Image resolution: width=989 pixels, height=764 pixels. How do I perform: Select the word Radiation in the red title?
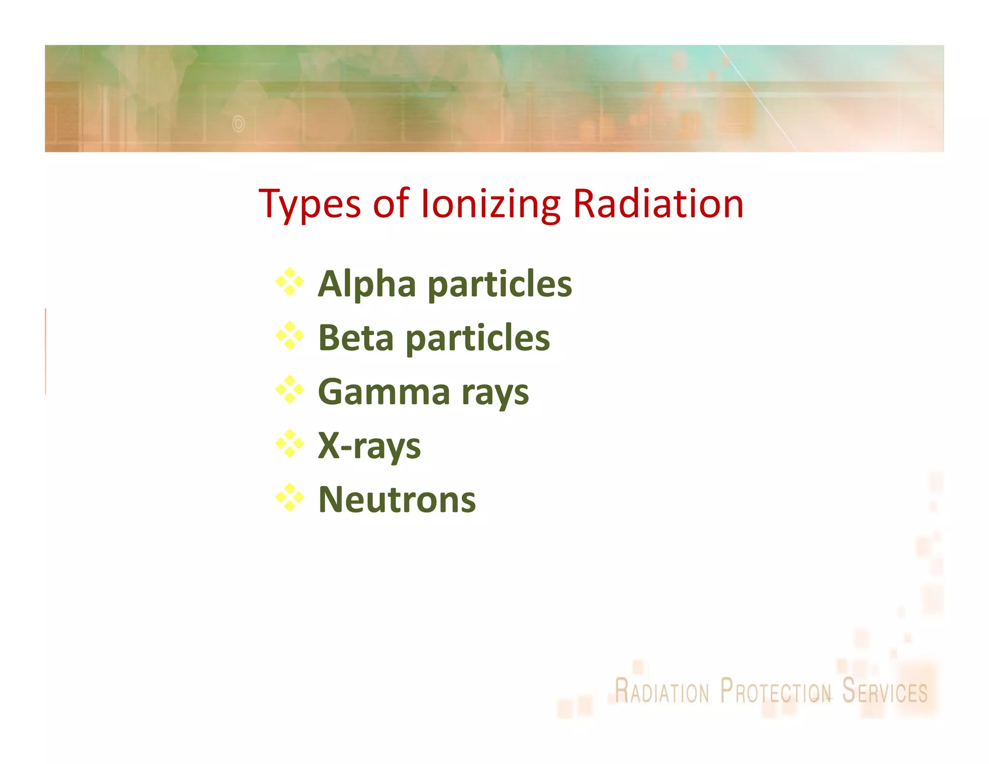point(658,204)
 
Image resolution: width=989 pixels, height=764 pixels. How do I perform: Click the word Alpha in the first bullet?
point(367,284)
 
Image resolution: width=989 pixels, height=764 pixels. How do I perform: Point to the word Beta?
point(356,338)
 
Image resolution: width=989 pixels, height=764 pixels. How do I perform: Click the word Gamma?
point(384,392)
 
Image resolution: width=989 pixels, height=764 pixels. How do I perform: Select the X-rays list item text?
point(369,446)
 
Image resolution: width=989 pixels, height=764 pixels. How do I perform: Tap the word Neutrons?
point(397,500)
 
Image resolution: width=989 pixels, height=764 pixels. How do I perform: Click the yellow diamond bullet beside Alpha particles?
point(290,282)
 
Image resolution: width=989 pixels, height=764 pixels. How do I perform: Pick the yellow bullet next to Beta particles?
point(290,336)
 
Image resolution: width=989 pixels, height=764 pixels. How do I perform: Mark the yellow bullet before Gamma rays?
point(290,390)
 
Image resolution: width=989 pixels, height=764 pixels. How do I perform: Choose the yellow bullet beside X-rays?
point(290,444)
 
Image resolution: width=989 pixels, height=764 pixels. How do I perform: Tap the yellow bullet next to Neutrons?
point(290,498)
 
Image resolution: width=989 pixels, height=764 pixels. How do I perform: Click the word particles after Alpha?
point(500,285)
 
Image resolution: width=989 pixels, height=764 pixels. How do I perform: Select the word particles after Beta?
point(478,339)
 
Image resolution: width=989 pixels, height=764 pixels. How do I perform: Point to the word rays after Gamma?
point(495,394)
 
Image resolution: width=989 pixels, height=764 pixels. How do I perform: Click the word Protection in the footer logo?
point(776,692)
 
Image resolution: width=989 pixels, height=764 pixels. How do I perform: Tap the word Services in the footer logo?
point(885,692)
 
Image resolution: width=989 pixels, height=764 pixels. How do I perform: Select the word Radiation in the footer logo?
point(662,692)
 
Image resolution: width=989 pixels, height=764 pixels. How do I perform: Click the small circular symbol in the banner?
point(239,124)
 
